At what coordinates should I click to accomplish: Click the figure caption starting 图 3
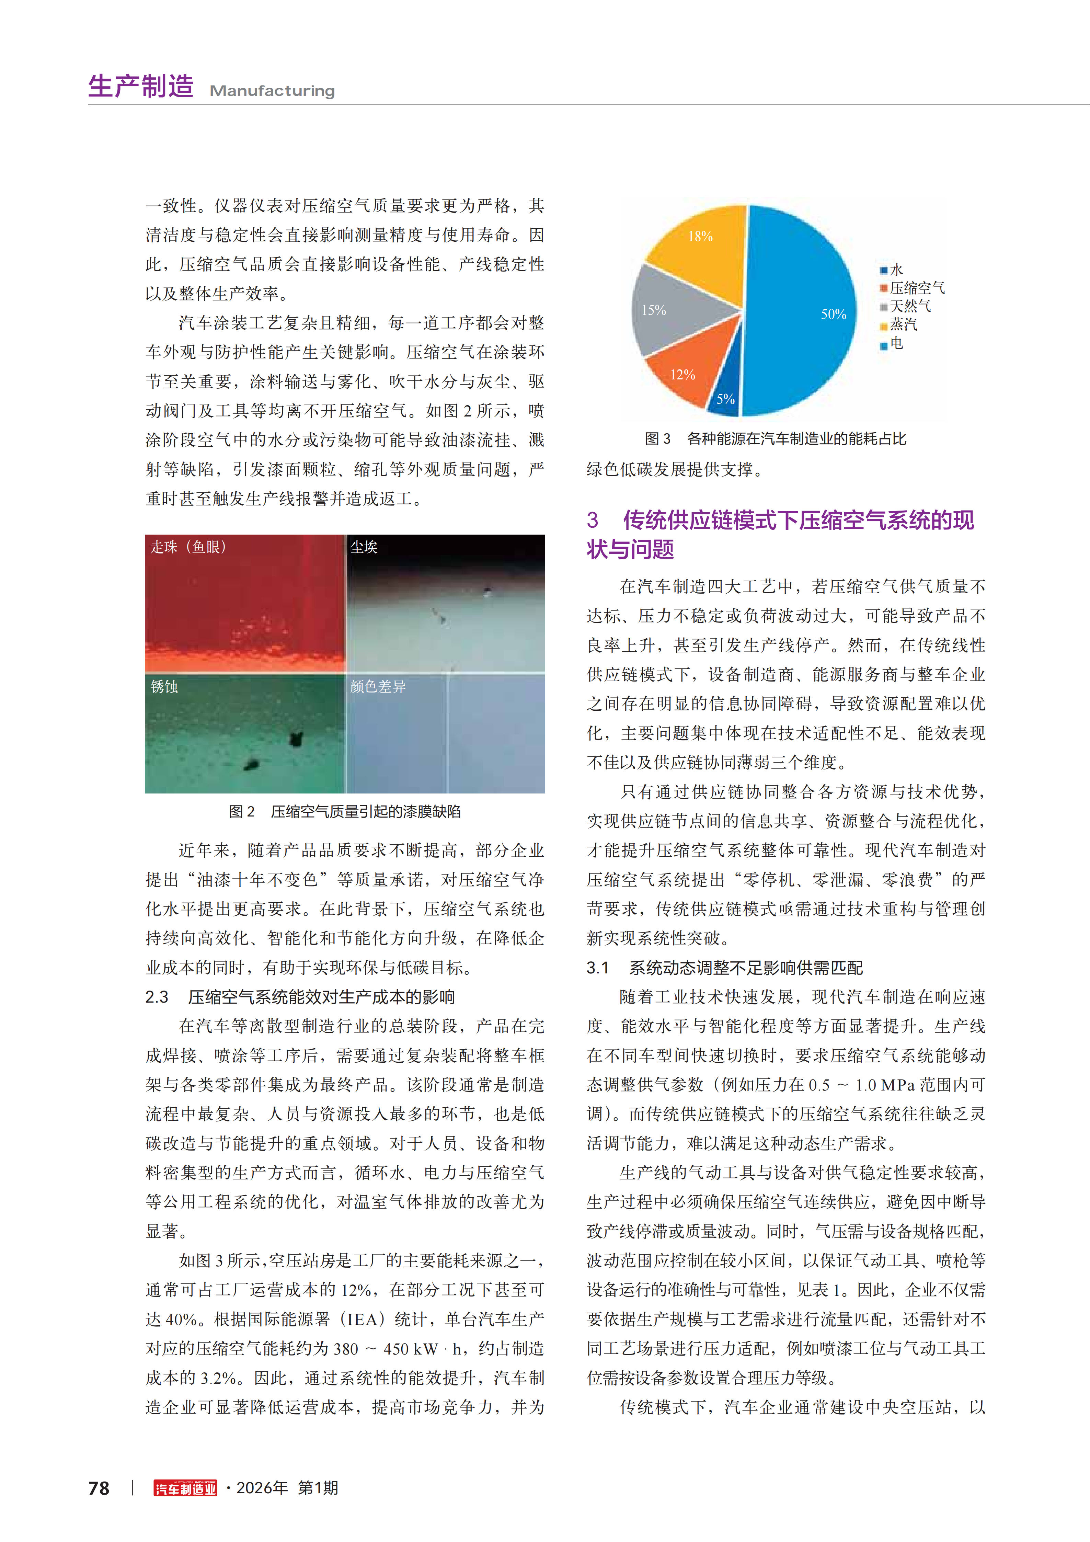775,438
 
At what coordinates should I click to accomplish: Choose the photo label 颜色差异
378,686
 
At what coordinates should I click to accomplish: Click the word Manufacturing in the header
272,91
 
